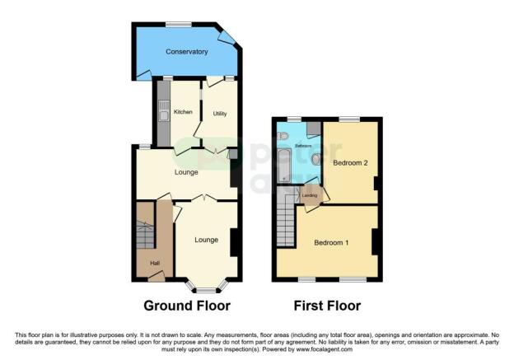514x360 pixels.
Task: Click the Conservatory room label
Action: click(x=186, y=52)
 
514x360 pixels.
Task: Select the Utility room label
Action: click(x=221, y=114)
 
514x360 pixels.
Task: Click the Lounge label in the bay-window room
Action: click(x=206, y=240)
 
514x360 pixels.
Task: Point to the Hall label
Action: click(x=154, y=264)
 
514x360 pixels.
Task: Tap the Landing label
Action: click(x=310, y=195)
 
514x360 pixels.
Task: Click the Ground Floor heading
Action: click(x=187, y=306)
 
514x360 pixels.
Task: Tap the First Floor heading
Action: click(x=327, y=306)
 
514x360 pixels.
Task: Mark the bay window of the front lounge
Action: click(x=207, y=286)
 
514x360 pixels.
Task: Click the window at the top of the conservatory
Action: click(x=178, y=24)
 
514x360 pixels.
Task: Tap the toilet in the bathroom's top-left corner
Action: click(x=283, y=136)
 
